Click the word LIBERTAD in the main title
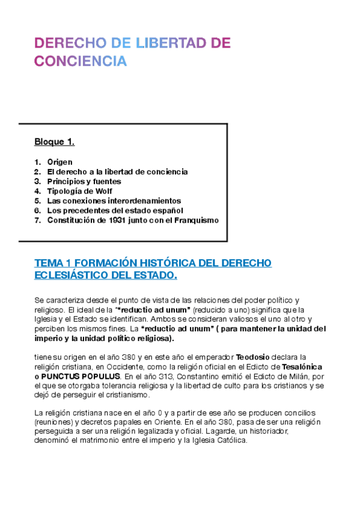(166, 43)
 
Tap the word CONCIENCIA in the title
(81, 61)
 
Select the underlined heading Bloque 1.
(54, 143)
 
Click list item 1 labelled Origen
(59, 162)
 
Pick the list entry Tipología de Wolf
(79, 191)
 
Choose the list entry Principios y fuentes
(84, 181)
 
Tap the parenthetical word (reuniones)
(55, 421)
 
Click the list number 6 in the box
(37, 210)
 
